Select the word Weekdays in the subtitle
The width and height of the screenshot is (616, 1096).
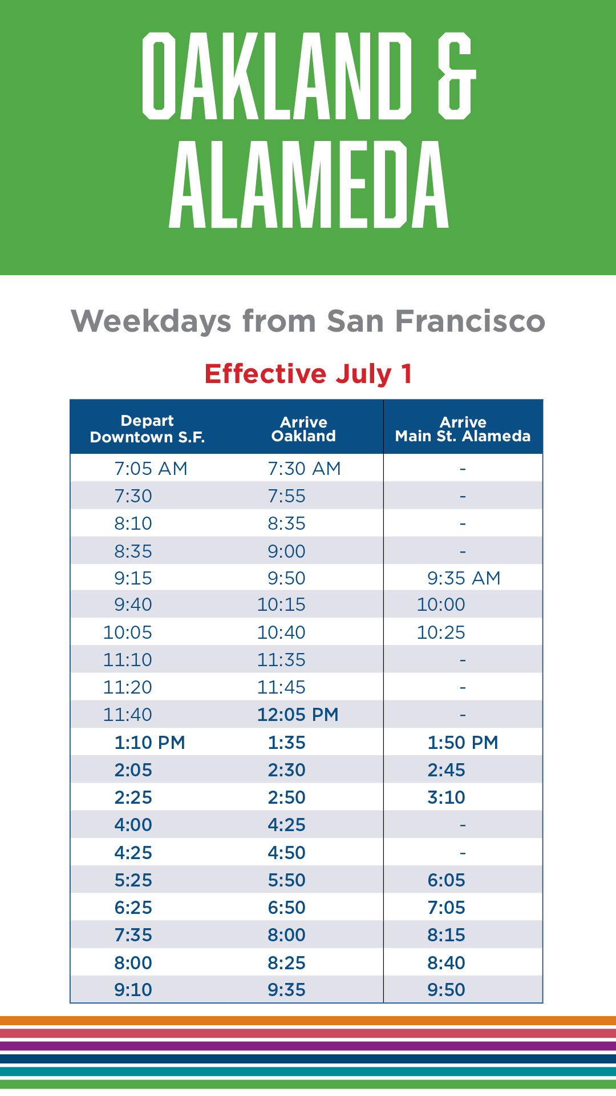coord(151,321)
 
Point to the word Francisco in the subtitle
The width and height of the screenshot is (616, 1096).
coord(470,321)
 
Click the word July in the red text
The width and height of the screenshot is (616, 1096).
coord(363,374)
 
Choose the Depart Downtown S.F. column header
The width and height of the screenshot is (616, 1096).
coord(147,429)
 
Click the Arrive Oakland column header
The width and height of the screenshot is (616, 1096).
coord(303,429)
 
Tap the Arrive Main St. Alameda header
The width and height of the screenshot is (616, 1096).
coord(463,429)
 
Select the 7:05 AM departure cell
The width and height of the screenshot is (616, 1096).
coord(151,469)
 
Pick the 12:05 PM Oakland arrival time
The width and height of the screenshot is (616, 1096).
coord(298,715)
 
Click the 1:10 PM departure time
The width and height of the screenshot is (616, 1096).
coord(149,743)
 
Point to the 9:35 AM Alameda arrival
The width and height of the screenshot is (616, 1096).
coord(464,578)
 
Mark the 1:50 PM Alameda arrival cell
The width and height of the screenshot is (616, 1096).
coord(463,743)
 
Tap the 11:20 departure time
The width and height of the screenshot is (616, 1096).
coord(128,687)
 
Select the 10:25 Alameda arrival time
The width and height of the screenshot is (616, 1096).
coord(441,632)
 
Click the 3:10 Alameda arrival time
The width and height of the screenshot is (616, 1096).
coord(447,797)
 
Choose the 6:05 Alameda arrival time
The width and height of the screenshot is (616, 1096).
coord(447,880)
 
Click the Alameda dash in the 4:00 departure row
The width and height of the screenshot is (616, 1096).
coord(463,825)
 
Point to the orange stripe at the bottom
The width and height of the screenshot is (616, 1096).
coord(308,1021)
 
